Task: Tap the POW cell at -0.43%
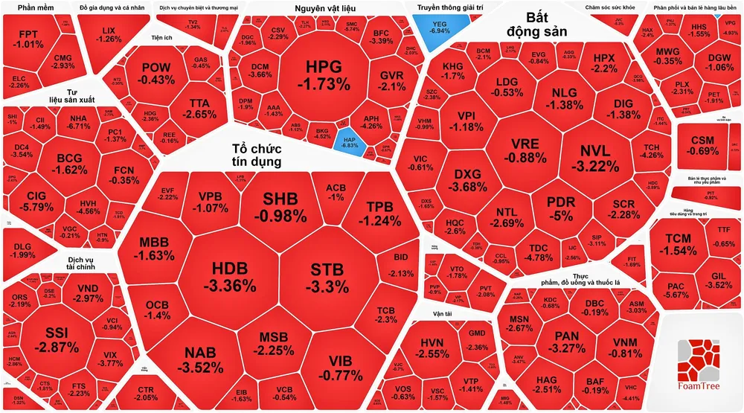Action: [x=156, y=72]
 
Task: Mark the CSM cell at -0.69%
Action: [x=702, y=146]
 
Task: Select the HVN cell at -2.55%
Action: [x=432, y=348]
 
